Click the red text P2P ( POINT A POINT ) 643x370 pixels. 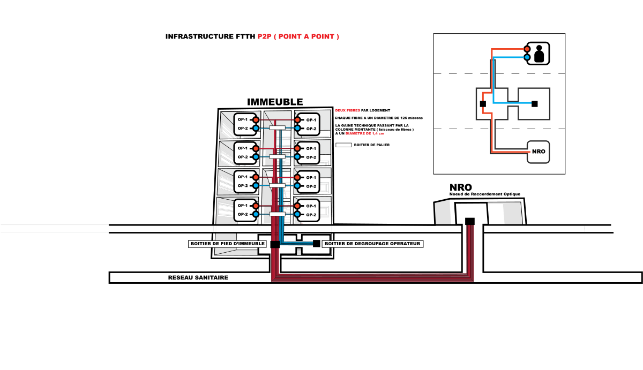point(298,37)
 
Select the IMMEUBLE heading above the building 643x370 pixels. point(274,102)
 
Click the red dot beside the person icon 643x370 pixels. point(527,49)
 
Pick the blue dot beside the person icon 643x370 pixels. point(527,57)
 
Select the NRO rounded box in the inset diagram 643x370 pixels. point(539,152)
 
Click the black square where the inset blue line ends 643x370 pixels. point(534,104)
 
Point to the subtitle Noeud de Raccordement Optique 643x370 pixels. point(485,194)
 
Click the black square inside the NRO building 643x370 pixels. point(470,221)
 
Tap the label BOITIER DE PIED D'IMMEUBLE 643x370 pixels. point(227,244)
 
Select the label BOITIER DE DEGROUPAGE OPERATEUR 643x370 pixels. point(373,244)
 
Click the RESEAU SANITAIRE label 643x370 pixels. point(198,277)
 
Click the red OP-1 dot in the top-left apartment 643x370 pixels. point(256,119)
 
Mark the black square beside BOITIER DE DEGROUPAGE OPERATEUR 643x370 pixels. point(316,244)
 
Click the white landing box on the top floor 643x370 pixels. point(276,127)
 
